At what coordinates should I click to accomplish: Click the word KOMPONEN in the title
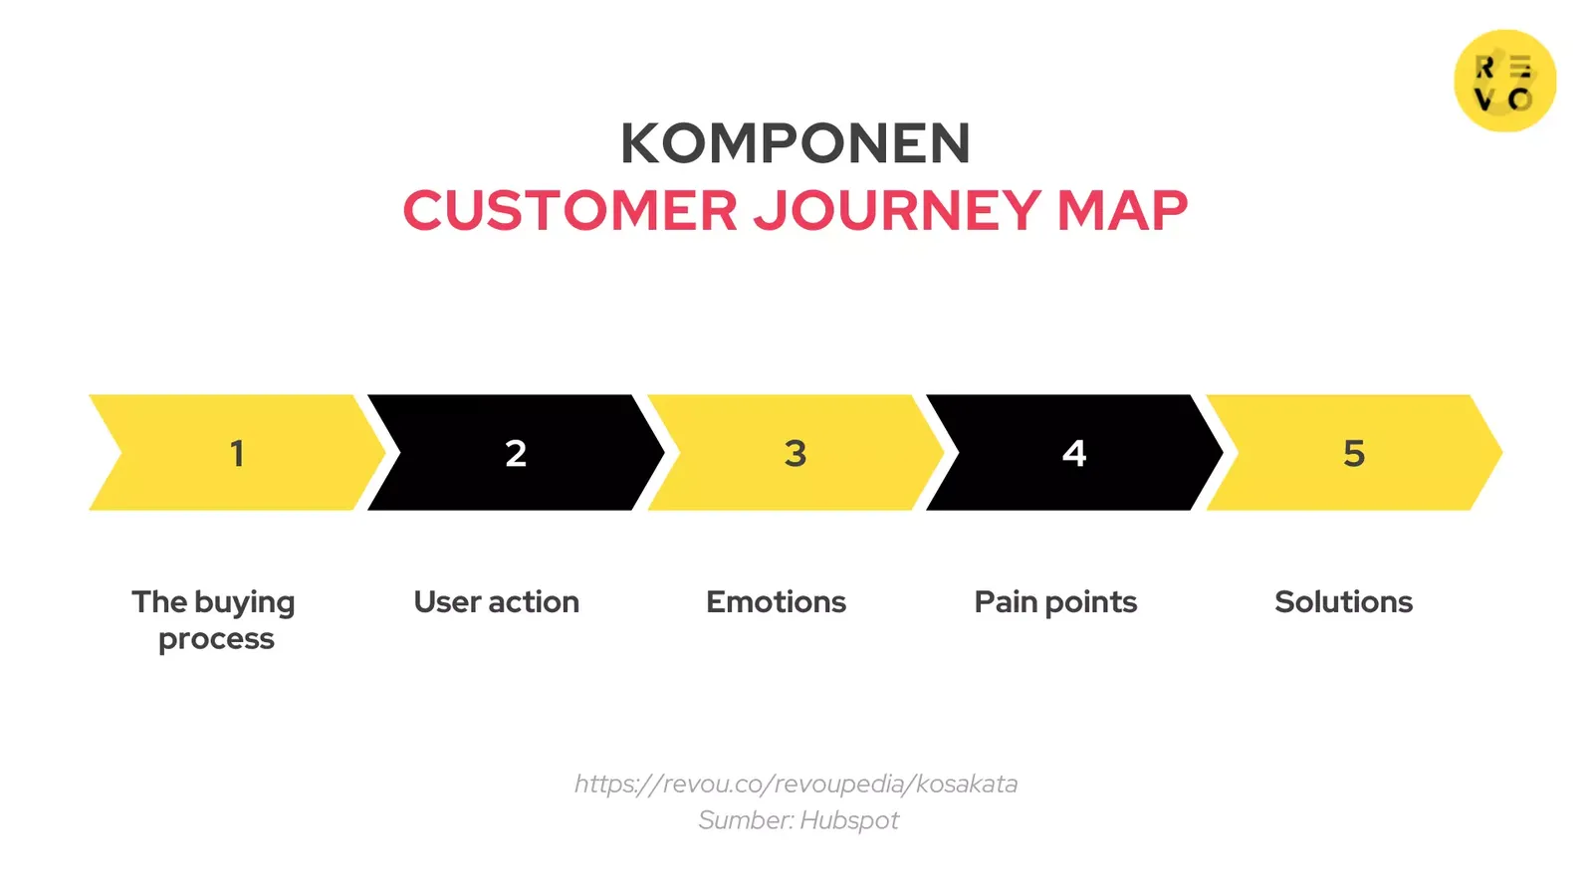point(795,143)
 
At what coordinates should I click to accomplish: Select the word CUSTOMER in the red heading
point(569,211)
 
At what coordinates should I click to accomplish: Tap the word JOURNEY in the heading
point(897,211)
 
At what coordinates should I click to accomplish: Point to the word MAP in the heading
point(1122,211)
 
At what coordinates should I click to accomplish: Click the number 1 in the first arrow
point(237,454)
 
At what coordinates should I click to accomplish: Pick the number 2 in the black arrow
point(516,454)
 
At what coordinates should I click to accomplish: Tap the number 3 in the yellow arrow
point(795,454)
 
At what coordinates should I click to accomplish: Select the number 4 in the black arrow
point(1074,454)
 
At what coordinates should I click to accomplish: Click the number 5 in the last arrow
point(1353,454)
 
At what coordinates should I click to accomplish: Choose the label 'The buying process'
point(214,619)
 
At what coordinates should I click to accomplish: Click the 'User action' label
point(496,602)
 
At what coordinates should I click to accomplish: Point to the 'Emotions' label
point(776,602)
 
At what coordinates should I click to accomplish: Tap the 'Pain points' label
point(1055,602)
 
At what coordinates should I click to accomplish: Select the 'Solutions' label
point(1343,602)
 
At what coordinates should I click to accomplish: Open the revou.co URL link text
point(796,784)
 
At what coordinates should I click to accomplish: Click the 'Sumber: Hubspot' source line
point(797,820)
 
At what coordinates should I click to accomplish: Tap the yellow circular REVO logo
point(1504,81)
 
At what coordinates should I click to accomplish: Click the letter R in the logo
point(1484,68)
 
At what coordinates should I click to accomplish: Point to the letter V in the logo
point(1484,100)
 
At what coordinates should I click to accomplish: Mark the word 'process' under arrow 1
point(216,639)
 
